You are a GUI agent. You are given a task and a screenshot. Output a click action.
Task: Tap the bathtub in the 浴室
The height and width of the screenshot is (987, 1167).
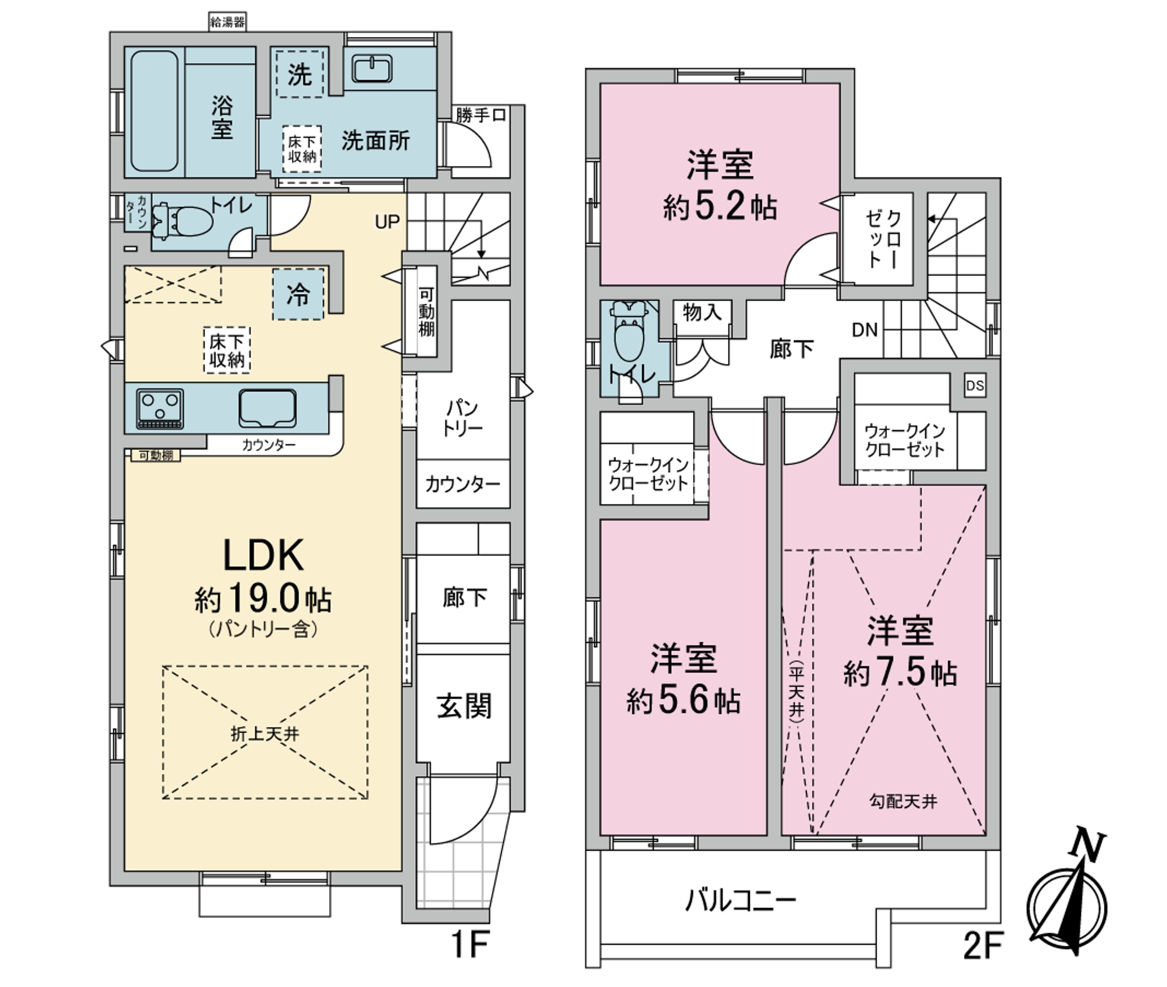[x=155, y=111]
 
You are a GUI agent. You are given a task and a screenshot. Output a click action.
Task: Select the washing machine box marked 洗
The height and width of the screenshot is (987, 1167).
[x=300, y=74]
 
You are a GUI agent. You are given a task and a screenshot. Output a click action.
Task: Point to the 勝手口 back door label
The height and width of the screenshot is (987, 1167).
[x=481, y=115]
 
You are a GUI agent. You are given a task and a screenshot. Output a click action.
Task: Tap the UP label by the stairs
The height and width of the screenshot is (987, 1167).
[x=387, y=222]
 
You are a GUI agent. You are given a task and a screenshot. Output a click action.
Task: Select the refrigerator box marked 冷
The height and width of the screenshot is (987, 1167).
[x=298, y=294]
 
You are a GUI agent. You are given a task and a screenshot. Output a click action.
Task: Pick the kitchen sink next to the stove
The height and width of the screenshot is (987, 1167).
[x=268, y=408]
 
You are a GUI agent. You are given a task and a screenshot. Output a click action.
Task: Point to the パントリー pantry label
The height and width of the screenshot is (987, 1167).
[x=463, y=418]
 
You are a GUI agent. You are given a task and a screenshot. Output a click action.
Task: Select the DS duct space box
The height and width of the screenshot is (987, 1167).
[x=975, y=385]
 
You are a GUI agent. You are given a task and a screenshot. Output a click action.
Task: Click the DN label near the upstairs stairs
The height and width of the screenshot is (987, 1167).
[x=865, y=330]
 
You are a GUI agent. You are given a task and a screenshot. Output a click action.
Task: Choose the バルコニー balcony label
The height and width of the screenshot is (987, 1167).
[x=740, y=901]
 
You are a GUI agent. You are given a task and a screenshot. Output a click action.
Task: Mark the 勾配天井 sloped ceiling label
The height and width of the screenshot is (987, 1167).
[x=903, y=801]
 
